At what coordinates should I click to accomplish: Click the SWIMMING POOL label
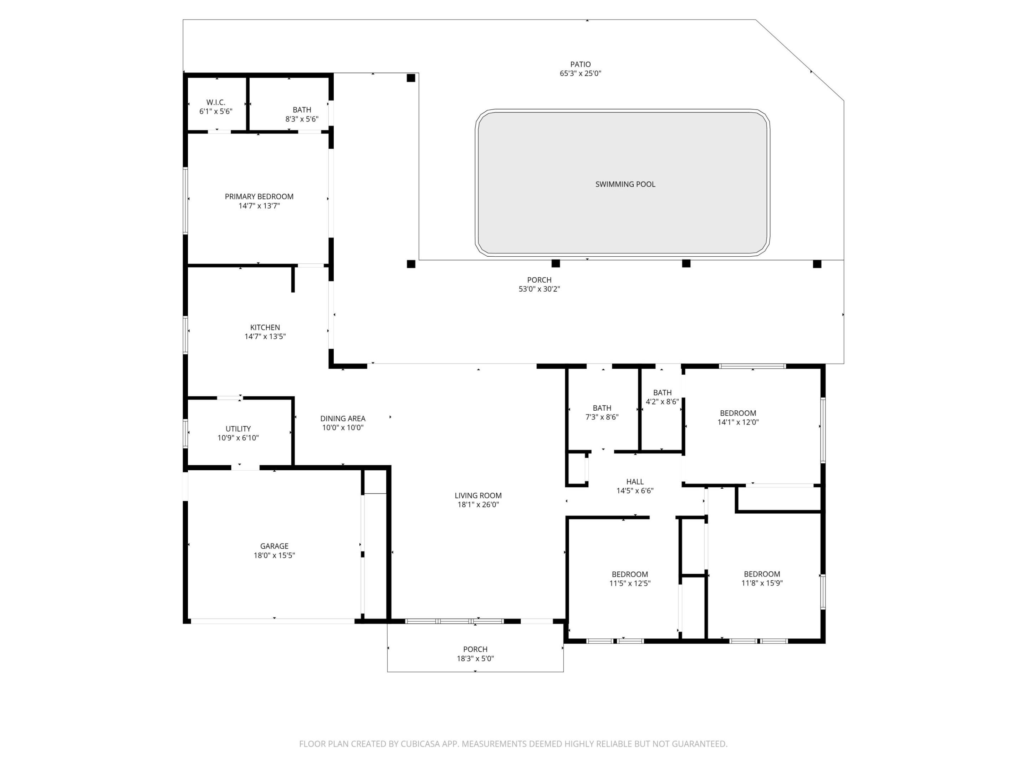[x=625, y=184]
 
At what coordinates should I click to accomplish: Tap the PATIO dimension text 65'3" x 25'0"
[x=580, y=73]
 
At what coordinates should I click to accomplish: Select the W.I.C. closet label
[x=215, y=102]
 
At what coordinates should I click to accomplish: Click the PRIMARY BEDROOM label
[x=259, y=197]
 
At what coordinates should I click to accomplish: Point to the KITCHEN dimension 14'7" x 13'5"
[x=265, y=337]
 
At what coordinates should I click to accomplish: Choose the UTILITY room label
[x=238, y=429]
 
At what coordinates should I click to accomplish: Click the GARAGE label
[x=274, y=546]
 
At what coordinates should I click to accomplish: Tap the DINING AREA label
[x=343, y=419]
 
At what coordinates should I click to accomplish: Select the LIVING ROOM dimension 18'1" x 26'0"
[x=478, y=504]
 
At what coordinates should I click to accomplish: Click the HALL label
[x=635, y=482]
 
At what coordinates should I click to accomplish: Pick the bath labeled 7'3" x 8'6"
[x=602, y=412]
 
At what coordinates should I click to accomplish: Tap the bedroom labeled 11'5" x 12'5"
[x=629, y=579]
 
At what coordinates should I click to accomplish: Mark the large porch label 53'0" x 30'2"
[x=539, y=284]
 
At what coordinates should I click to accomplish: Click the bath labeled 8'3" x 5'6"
[x=302, y=114]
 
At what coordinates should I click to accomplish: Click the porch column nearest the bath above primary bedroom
[x=411, y=78]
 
